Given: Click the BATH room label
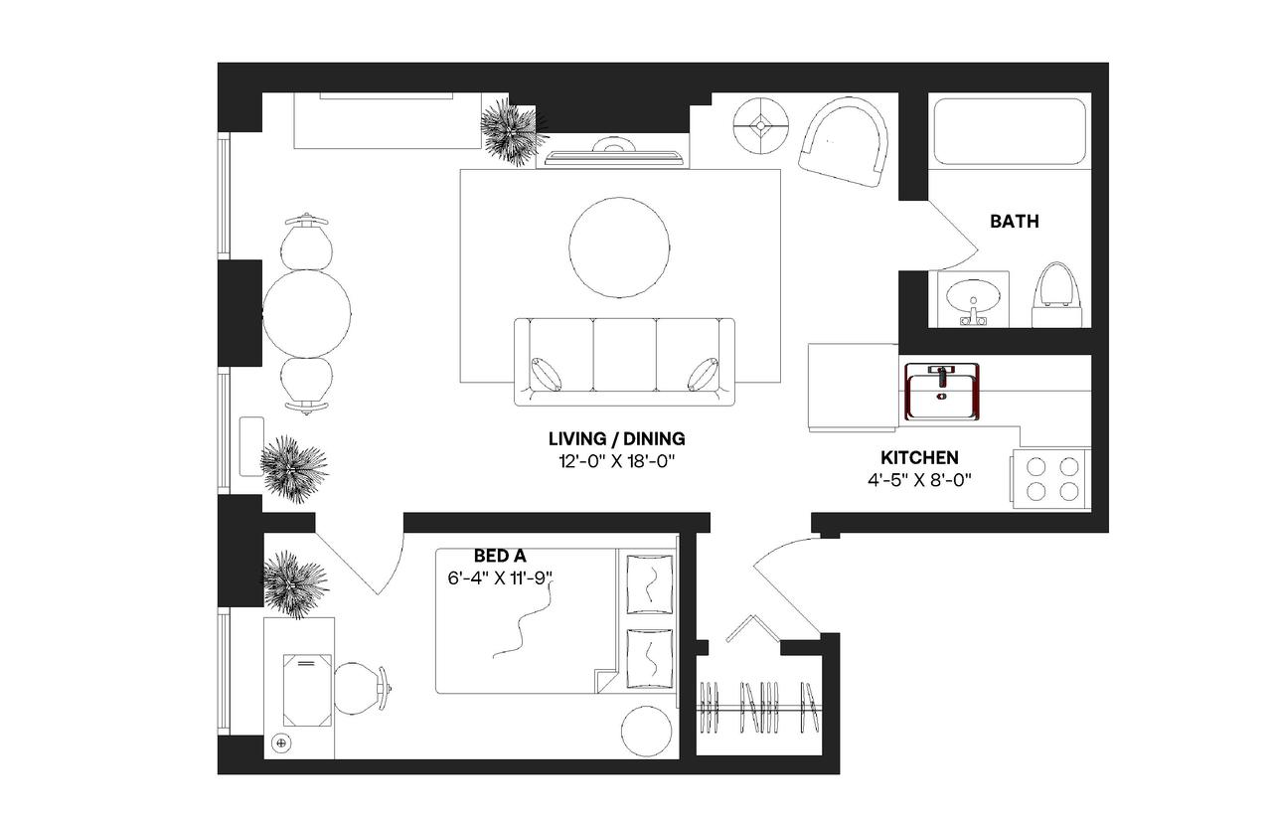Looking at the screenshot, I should coord(1014,222).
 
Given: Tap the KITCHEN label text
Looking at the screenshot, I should coord(919,458).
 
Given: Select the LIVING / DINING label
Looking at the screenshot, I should coord(617,438).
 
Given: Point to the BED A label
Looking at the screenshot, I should coord(500,557).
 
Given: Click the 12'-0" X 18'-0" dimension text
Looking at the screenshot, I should coord(617,461).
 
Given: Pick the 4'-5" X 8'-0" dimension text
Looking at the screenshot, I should coord(919,480).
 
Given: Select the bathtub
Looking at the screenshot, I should coord(1010,131).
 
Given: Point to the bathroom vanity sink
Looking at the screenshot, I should coord(973,299).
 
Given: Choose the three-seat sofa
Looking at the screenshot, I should coord(624,362).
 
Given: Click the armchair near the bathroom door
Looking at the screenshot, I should coord(845,142).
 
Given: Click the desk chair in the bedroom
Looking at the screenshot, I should coord(360,689).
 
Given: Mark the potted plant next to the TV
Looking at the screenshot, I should coord(512,131).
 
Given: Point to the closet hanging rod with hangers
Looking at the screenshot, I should coord(759,707).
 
